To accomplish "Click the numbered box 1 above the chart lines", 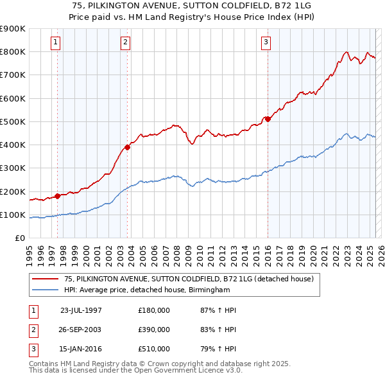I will pyautogui.click(x=56, y=43).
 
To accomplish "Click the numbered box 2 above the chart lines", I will pyautogui.click(x=125, y=43).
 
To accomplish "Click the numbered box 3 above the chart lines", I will pyautogui.click(x=266, y=43).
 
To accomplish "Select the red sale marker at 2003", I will pyautogui.click(x=128, y=147).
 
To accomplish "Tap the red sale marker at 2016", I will pyautogui.click(x=268, y=119).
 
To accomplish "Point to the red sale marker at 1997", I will pyautogui.click(x=58, y=196).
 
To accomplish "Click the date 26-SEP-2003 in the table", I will pyautogui.click(x=81, y=330).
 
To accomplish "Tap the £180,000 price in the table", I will pyautogui.click(x=154, y=310).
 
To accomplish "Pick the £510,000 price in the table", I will pyautogui.click(x=154, y=349).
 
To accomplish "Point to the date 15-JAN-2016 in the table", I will pyautogui.click(x=81, y=349).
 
